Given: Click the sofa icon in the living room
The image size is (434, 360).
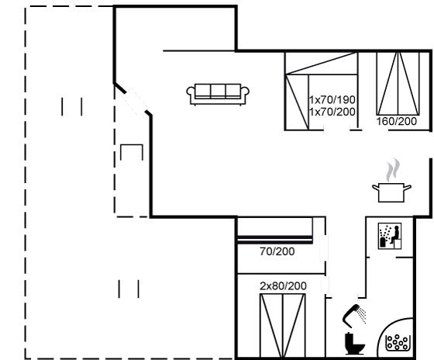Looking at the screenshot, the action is [218, 94].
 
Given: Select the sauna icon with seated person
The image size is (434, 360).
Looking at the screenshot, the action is [390, 236].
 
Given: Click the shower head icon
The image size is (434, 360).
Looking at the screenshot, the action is [354, 315].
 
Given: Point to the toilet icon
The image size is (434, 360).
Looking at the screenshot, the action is [355, 344].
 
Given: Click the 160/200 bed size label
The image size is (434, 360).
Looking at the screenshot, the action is [396, 121].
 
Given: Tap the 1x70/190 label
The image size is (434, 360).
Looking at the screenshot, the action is [332, 99].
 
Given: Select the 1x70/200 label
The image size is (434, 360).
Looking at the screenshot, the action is [332, 112].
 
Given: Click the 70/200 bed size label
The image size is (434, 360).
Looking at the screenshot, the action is [277, 251].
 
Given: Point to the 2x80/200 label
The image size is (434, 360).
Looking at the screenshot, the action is [283, 286].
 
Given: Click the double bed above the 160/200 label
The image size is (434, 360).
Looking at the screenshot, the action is [398, 83].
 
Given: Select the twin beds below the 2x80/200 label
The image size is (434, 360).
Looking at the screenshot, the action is [283, 326].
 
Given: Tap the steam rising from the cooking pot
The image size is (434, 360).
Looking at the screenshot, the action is [393, 170].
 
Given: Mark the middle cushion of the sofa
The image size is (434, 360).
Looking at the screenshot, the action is [218, 91].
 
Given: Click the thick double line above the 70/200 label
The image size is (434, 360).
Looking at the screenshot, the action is [275, 240].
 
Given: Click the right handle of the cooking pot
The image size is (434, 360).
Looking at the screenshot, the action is [407, 189].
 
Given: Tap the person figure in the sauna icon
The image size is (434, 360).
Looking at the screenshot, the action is [395, 234].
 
